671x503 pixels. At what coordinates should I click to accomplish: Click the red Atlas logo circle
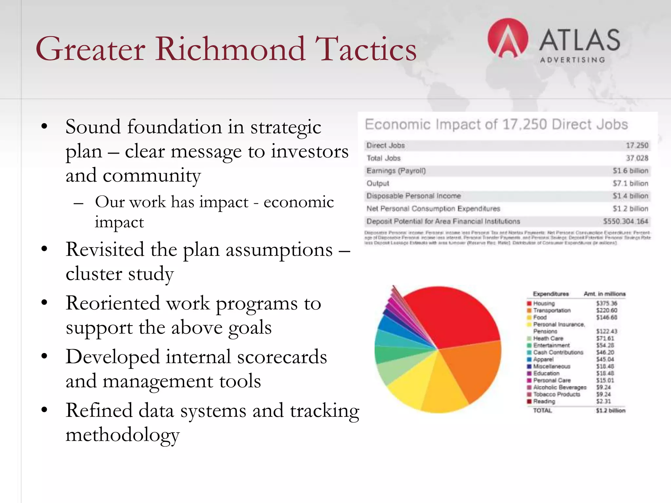pyautogui.click(x=508, y=38)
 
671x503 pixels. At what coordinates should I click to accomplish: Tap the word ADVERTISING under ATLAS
pyautogui.click(x=572, y=60)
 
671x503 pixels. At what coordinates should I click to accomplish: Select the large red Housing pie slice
pyautogui.click(x=455, y=314)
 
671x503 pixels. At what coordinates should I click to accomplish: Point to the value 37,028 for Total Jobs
pyautogui.click(x=637, y=158)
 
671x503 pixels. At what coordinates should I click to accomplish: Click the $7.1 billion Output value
pyautogui.click(x=630, y=183)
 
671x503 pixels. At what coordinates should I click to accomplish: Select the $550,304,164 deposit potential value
pyautogui.click(x=625, y=221)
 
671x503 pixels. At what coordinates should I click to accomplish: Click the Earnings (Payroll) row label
pyautogui.click(x=396, y=171)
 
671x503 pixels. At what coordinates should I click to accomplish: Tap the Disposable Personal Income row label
pyautogui.click(x=413, y=196)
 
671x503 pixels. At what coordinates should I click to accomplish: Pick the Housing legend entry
pyautogui.click(x=544, y=304)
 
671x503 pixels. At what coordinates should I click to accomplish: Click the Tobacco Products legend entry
pyautogui.click(x=556, y=394)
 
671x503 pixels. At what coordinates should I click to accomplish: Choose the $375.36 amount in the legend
pyautogui.click(x=606, y=304)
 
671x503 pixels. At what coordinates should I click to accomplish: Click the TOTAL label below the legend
pyautogui.click(x=542, y=411)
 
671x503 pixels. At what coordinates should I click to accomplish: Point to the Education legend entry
pyautogui.click(x=546, y=373)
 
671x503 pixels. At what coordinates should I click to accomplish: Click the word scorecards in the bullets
pyautogui.click(x=282, y=357)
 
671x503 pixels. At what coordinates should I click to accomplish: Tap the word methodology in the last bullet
pyautogui.click(x=123, y=435)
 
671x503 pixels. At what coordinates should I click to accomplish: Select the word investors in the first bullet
pyautogui.click(x=310, y=151)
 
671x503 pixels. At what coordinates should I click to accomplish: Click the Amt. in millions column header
pyautogui.click(x=604, y=294)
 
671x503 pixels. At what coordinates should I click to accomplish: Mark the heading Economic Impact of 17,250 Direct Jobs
pyautogui.click(x=496, y=124)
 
